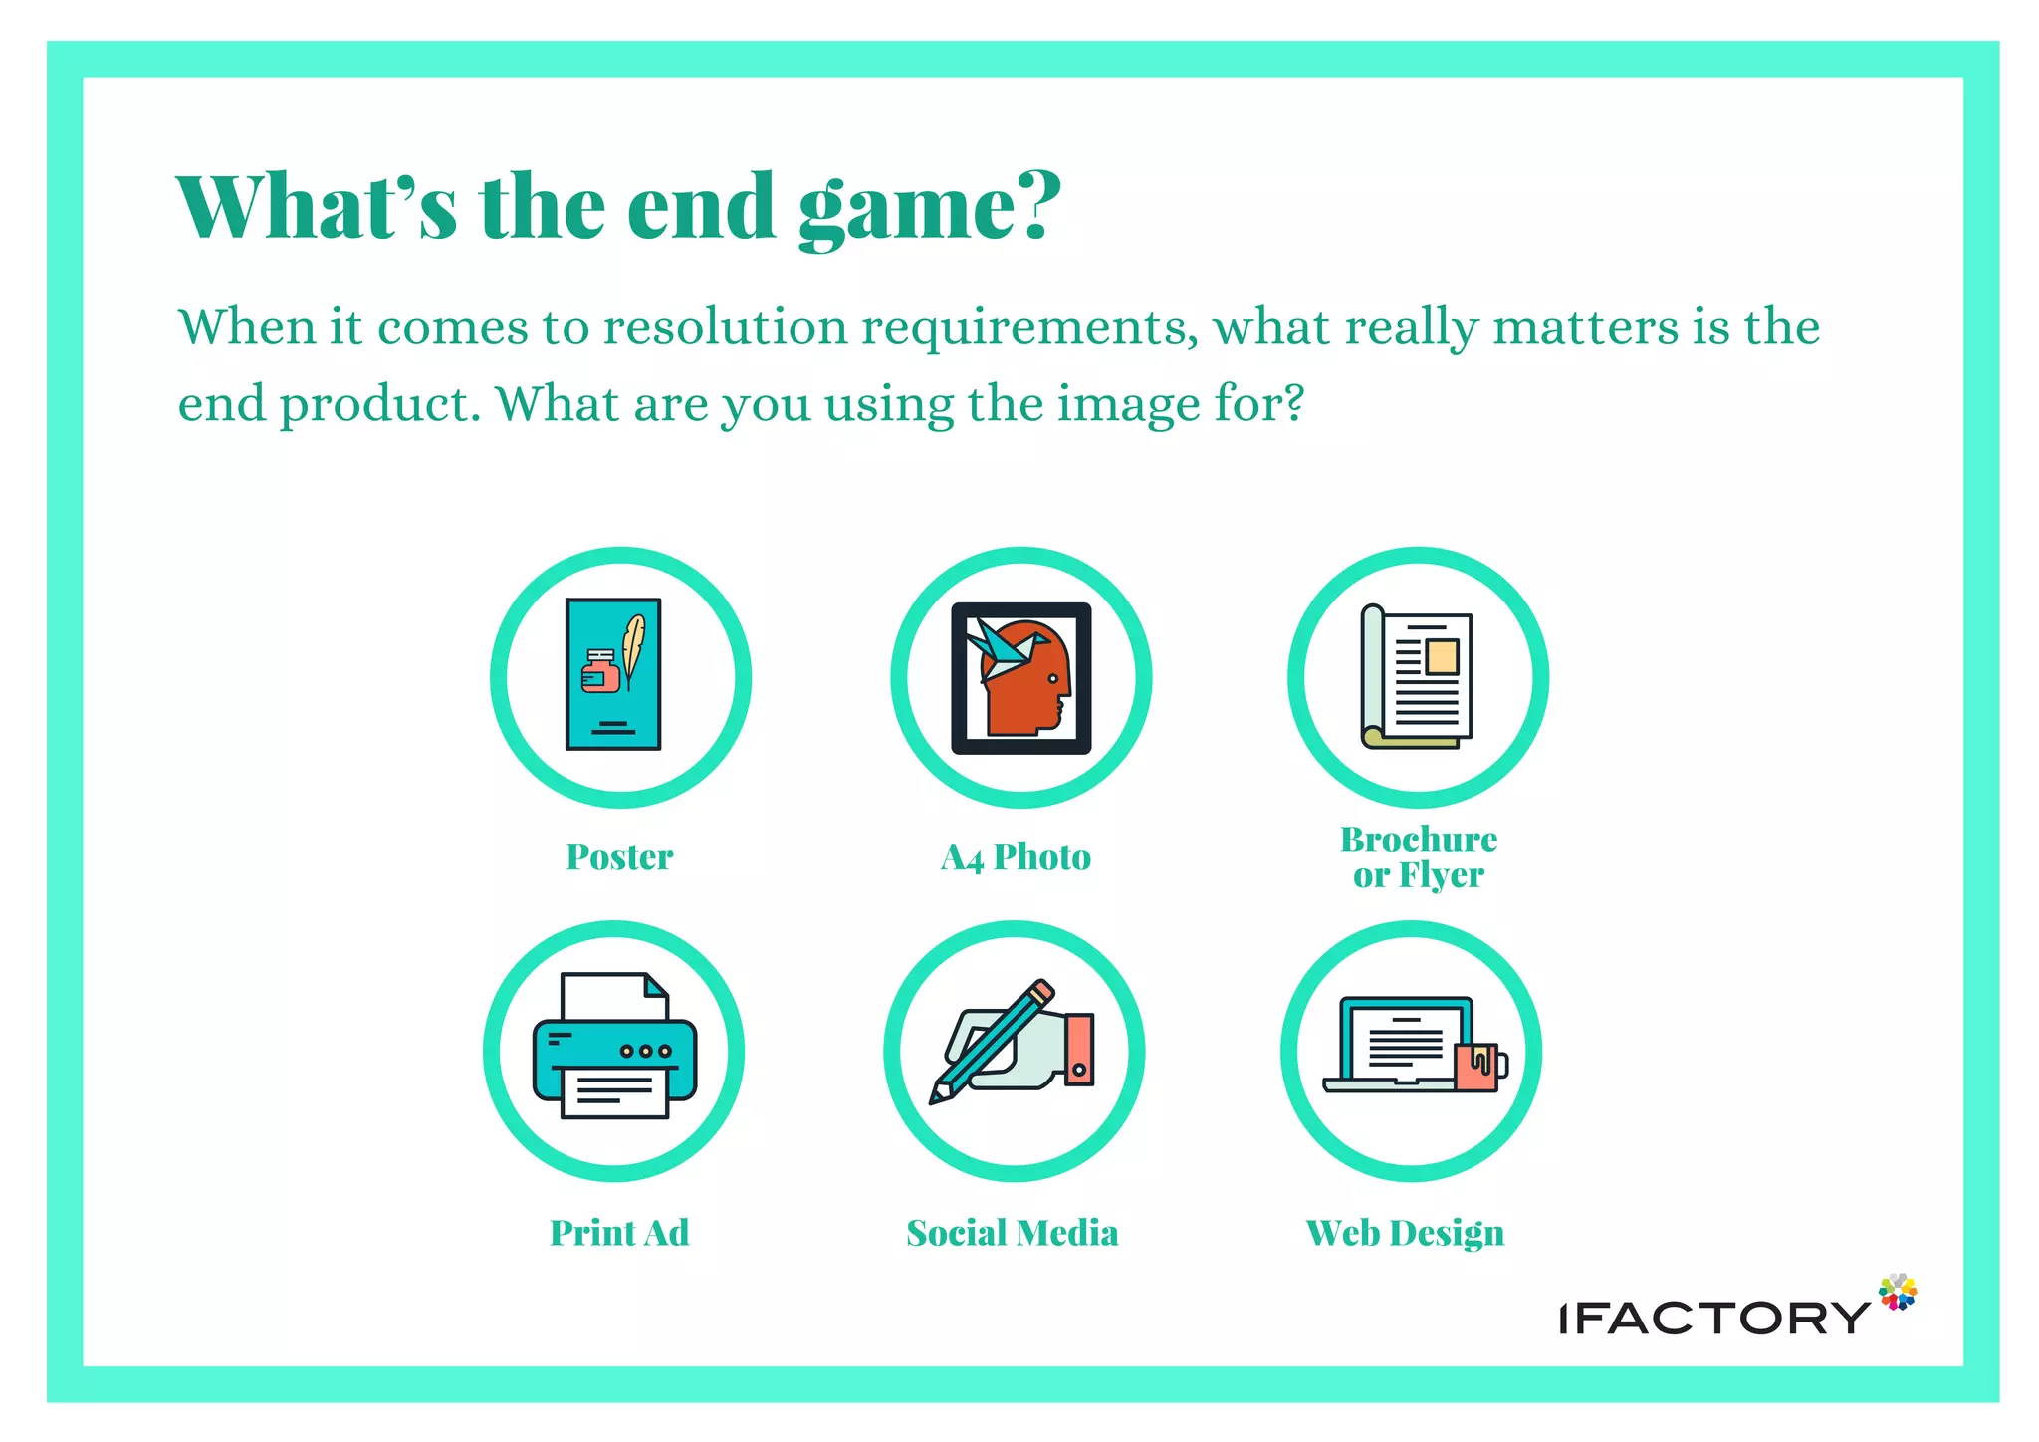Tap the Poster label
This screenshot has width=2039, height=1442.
pyautogui.click(x=619, y=857)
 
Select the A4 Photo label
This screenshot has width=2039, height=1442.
pyautogui.click(x=1016, y=857)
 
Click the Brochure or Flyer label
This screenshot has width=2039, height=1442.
pyautogui.click(x=1419, y=857)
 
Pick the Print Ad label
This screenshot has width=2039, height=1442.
pyautogui.click(x=619, y=1233)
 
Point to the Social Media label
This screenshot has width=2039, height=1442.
pyautogui.click(x=1013, y=1233)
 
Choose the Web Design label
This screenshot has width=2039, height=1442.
pyautogui.click(x=1405, y=1233)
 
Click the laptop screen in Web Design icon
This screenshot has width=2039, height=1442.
pyautogui.click(x=1406, y=1040)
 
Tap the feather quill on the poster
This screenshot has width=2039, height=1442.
pyautogui.click(x=633, y=645)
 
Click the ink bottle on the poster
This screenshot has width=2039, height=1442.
pyautogui.click(x=600, y=672)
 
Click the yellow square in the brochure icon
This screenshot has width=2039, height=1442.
pyautogui.click(x=1441, y=656)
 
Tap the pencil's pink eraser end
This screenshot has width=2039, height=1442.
pyautogui.click(x=1040, y=991)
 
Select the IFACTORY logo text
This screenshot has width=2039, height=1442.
pyautogui.click(x=1713, y=1318)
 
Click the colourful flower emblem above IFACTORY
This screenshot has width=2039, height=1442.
pyautogui.click(x=1898, y=1292)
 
